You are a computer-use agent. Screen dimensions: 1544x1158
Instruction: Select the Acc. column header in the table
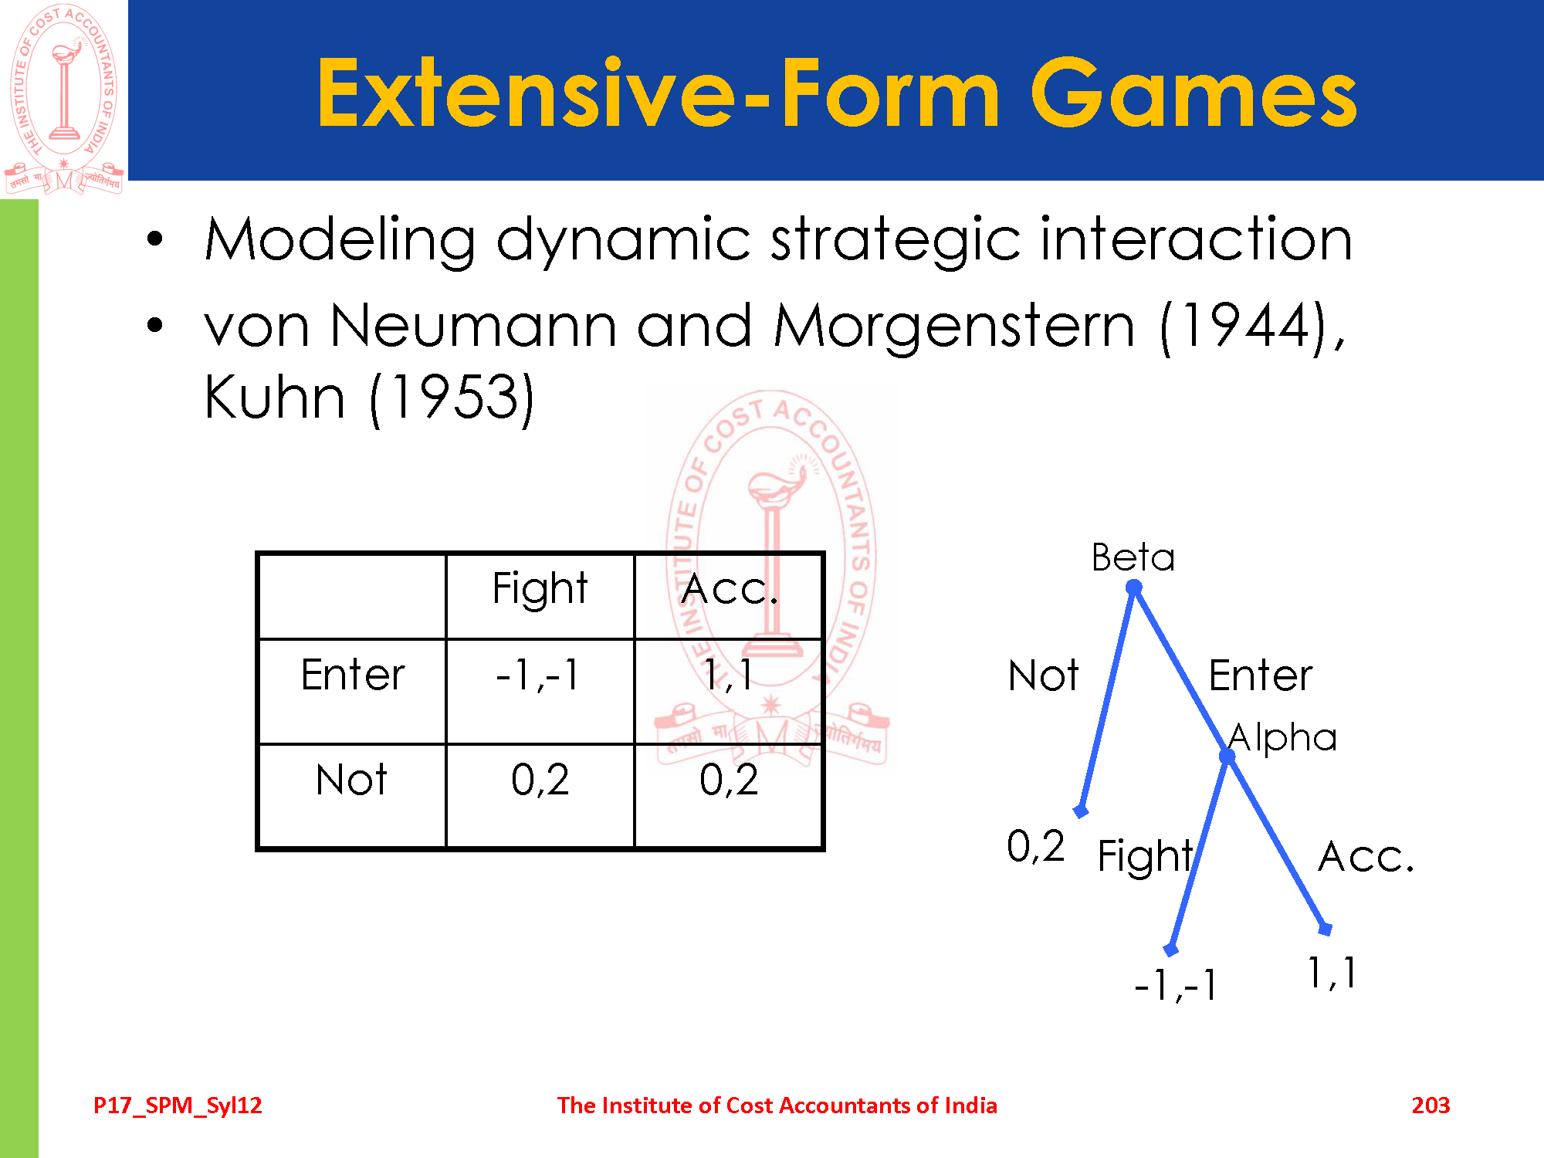pyautogui.click(x=730, y=589)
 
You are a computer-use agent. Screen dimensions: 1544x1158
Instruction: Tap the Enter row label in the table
pyautogui.click(x=353, y=675)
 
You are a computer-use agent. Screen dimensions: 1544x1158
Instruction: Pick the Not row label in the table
pyautogui.click(x=352, y=780)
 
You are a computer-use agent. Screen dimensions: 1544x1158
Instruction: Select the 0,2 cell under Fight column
pyautogui.click(x=540, y=780)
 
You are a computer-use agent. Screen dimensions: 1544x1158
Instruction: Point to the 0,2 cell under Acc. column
pyautogui.click(x=729, y=780)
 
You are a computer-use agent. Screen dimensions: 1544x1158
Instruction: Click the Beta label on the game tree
pyautogui.click(x=1133, y=557)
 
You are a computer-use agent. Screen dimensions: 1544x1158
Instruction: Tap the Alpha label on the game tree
pyautogui.click(x=1282, y=737)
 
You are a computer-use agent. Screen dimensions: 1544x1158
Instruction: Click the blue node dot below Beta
pyautogui.click(x=1133, y=588)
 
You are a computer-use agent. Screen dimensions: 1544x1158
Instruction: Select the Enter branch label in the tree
pyautogui.click(x=1260, y=675)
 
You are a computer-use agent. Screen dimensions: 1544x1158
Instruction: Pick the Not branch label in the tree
pyautogui.click(x=1043, y=675)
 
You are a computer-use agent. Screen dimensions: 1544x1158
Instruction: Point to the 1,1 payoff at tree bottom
pyautogui.click(x=1332, y=973)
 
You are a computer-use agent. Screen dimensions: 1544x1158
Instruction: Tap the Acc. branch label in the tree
pyautogui.click(x=1366, y=857)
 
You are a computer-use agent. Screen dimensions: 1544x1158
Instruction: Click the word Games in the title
pyautogui.click(x=1194, y=94)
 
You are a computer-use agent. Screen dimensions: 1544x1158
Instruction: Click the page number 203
pyautogui.click(x=1431, y=1106)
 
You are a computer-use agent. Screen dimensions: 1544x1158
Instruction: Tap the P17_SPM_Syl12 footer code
pyautogui.click(x=178, y=1106)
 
